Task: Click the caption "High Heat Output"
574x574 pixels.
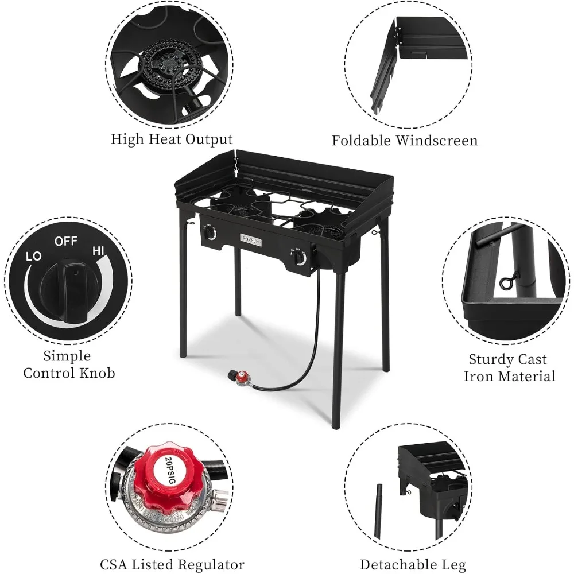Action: [x=172, y=139]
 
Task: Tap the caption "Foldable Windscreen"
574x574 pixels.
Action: [x=405, y=141]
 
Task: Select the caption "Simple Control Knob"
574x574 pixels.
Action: [x=69, y=364]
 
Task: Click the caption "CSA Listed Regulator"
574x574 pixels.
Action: [x=172, y=565]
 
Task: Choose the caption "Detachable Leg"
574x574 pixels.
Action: [x=413, y=565]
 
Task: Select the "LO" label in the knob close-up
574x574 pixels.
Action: [x=34, y=256]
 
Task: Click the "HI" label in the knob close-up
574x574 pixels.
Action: [x=98, y=251]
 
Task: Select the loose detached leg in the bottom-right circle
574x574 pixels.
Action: [x=378, y=511]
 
